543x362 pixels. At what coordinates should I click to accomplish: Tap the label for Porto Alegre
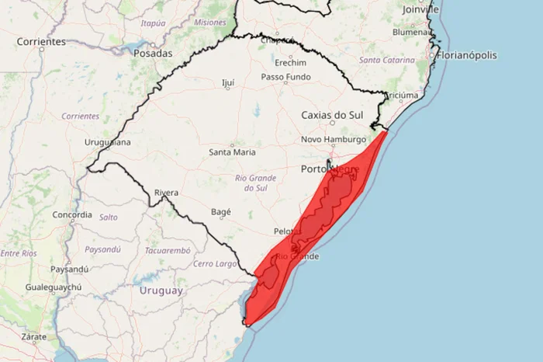[329, 169]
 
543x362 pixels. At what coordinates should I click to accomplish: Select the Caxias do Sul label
[332, 116]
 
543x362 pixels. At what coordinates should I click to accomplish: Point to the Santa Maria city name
[232, 152]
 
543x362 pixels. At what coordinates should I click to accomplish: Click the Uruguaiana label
[107, 143]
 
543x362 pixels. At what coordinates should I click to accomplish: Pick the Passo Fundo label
[285, 77]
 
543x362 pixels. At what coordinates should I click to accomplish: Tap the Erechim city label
[290, 62]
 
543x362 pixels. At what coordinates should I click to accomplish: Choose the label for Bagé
[221, 211]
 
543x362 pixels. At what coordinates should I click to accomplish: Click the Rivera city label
[166, 193]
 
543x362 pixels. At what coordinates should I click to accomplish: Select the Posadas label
[152, 54]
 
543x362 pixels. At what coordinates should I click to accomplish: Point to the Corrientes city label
[41, 41]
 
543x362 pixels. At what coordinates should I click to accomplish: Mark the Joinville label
[420, 9]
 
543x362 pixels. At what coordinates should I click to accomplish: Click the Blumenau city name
[411, 33]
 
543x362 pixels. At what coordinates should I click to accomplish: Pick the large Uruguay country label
[161, 291]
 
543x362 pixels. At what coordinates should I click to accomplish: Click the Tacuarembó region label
[167, 250]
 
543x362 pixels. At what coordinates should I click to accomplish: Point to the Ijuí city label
[227, 82]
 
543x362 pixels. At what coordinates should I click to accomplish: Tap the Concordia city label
[72, 214]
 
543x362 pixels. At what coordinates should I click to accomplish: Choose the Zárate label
[33, 336]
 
